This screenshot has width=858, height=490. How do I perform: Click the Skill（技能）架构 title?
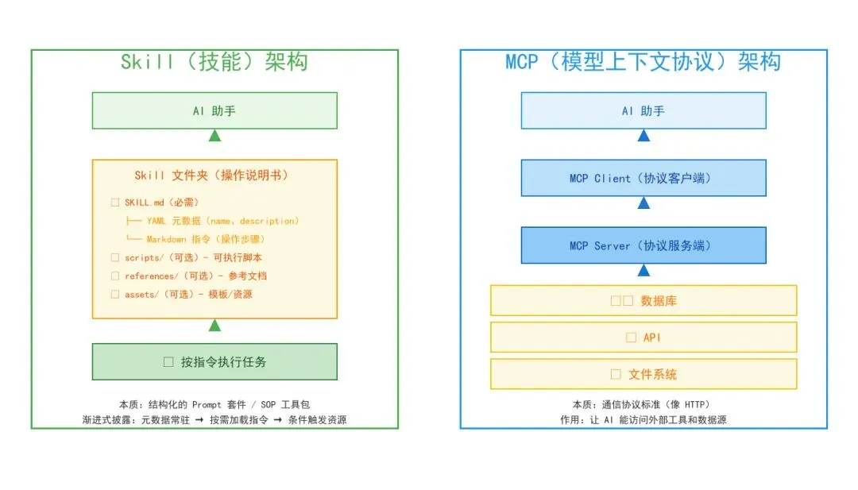214,62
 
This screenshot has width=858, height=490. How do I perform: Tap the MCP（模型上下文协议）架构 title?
643,62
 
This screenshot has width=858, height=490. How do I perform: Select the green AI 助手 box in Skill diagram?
214,110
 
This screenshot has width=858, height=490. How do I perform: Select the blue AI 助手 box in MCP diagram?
643,110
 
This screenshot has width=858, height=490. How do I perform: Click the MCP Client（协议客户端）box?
643,178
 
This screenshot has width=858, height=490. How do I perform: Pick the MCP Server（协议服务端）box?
643,245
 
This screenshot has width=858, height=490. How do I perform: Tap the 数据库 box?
643,301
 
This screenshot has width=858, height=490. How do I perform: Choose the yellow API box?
643,338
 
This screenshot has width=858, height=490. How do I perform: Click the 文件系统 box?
643,374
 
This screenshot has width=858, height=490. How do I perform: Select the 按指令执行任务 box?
214,362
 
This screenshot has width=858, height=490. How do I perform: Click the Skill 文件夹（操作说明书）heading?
214,175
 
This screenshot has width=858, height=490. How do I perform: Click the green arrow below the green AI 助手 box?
214,136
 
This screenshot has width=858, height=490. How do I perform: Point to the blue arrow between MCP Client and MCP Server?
643,203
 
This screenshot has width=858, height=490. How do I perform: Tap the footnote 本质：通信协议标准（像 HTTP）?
643,404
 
